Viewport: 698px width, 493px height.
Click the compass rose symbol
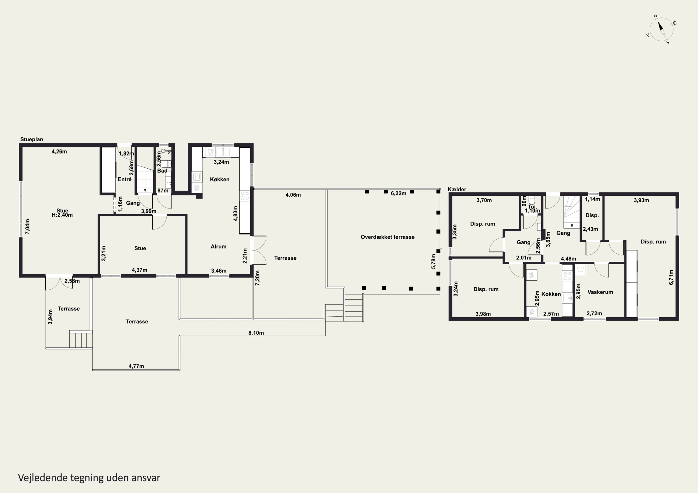pos(661,29)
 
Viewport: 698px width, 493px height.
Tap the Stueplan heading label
pos(32,139)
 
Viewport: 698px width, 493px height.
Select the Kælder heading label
pos(457,189)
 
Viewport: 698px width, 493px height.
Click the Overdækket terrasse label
pos(388,237)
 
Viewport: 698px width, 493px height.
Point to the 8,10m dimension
pos(256,333)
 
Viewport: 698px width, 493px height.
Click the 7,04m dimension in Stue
pos(28,226)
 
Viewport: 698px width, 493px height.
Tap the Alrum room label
pos(218,247)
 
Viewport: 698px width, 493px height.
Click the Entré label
pos(125,179)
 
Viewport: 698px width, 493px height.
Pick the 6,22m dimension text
pos(399,193)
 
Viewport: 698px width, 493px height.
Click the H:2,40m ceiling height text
pos(62,215)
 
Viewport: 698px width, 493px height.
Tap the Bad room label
pos(162,171)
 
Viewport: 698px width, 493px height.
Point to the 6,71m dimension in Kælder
pos(671,277)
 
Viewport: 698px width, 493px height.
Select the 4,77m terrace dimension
pos(136,366)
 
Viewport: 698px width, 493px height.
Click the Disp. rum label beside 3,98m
pos(486,289)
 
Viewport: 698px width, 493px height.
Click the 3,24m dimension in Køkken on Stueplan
pos(221,162)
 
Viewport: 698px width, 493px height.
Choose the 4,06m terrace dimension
pos(293,195)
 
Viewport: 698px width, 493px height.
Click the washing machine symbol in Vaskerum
pos(581,269)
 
